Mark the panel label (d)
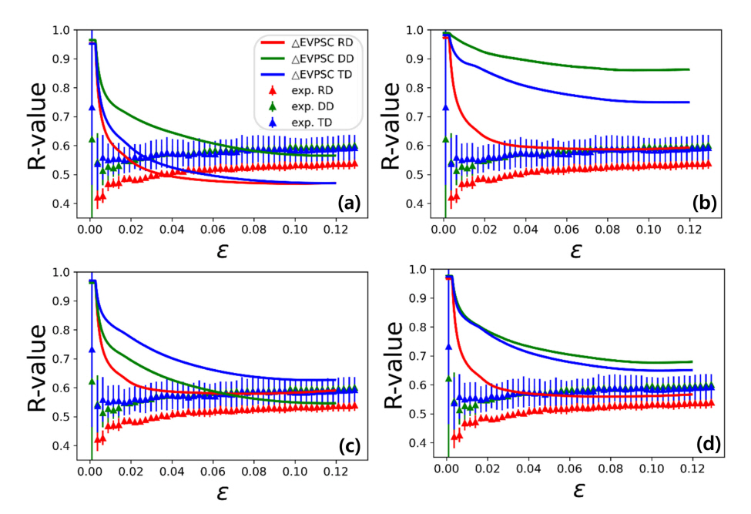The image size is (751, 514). (704, 445)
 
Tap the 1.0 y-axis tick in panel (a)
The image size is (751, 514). (61, 30)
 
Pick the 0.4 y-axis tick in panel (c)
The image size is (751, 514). (61, 446)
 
